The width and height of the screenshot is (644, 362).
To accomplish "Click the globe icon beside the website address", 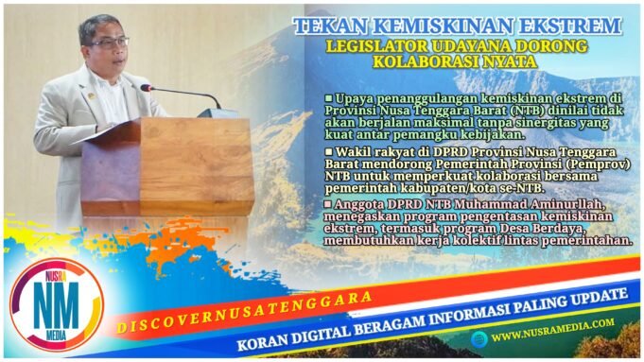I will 481,336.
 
